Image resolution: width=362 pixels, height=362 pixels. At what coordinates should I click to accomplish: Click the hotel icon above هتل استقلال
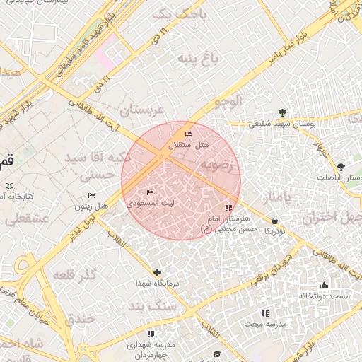pyautogui.click(x=187, y=134)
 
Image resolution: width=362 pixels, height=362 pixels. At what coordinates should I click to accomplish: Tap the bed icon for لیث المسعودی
pyautogui.click(x=149, y=192)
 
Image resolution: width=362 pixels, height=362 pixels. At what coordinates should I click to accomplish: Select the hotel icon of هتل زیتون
pyautogui.click(x=91, y=196)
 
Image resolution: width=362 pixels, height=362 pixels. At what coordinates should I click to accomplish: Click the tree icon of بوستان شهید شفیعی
pyautogui.click(x=283, y=112)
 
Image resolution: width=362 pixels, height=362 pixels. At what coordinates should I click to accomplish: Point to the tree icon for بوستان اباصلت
pyautogui.click(x=341, y=166)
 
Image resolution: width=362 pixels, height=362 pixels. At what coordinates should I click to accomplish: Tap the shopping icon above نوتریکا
pyautogui.click(x=274, y=221)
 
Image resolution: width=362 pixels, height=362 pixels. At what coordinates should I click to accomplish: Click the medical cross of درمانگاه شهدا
pyautogui.click(x=157, y=272)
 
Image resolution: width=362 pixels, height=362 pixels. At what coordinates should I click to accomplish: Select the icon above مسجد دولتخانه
pyautogui.click(x=324, y=286)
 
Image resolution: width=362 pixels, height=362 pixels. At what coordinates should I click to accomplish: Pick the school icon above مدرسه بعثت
pyautogui.click(x=265, y=313)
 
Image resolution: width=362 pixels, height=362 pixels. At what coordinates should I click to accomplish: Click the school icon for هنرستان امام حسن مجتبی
pyautogui.click(x=228, y=209)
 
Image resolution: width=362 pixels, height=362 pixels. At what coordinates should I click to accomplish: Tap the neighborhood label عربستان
pyautogui.click(x=141, y=110)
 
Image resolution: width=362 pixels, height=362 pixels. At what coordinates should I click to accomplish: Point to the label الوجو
pyautogui.click(x=227, y=101)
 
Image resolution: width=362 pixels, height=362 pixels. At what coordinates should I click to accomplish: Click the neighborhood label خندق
pyautogui.click(x=79, y=319)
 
